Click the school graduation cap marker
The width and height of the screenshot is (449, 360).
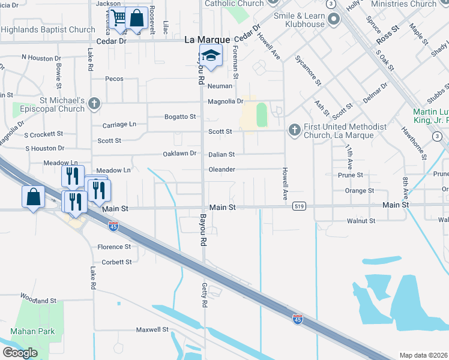click(x=210, y=56)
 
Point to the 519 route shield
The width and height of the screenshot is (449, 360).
click(x=298, y=206)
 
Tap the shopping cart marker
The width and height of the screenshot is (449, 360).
click(x=118, y=17)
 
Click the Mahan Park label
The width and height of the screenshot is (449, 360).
click(x=32, y=331)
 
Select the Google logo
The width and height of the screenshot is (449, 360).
click(x=19, y=353)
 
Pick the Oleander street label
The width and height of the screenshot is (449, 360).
click(x=221, y=170)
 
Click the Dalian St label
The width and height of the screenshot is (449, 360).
click(x=221, y=155)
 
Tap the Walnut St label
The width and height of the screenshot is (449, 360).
click(x=361, y=221)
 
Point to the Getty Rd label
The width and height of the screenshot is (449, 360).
click(x=204, y=296)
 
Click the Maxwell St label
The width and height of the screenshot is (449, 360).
click(x=152, y=329)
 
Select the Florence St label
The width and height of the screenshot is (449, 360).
click(x=114, y=247)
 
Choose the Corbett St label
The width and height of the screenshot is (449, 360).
click(x=116, y=262)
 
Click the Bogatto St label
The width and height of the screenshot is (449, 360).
click(x=180, y=116)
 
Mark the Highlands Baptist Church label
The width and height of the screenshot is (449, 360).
click(x=47, y=30)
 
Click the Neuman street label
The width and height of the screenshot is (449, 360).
click(x=220, y=86)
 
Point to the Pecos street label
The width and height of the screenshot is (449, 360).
click(x=113, y=79)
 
